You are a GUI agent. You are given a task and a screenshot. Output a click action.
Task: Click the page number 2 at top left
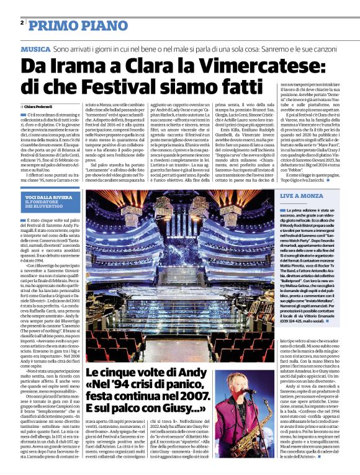point(22,23)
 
